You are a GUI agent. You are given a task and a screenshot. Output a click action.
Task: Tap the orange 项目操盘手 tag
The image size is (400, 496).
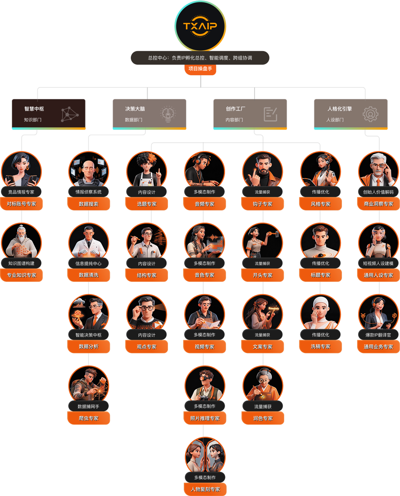tap(200, 69)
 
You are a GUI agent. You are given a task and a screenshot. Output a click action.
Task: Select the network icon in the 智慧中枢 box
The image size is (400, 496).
tap(69, 114)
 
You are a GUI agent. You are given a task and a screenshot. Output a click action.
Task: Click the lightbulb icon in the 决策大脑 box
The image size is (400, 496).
tap(168, 114)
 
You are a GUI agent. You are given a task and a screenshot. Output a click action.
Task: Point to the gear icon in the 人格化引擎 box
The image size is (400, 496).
tap(370, 114)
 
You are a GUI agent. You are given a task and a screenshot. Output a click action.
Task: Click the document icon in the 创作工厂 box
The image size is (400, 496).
tap(270, 114)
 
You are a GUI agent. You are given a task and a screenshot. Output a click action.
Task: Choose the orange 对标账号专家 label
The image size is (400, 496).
tap(21, 204)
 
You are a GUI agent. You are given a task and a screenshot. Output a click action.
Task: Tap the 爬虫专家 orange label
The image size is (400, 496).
tap(89, 418)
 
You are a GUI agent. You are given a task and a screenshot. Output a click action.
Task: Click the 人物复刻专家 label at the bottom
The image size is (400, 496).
tap(205, 490)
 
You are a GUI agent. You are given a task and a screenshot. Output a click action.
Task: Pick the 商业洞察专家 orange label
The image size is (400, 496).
tap(378, 204)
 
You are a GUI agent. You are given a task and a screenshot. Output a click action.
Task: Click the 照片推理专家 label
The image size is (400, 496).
tap(205, 418)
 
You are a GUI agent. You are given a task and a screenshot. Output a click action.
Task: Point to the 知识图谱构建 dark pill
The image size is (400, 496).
tap(21, 263)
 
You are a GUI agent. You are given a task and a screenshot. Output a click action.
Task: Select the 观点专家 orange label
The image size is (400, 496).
tap(146, 347)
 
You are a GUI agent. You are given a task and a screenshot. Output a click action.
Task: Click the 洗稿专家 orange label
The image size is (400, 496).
tap(320, 347)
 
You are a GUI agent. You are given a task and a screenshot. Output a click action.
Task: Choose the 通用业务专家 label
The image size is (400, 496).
tap(378, 347)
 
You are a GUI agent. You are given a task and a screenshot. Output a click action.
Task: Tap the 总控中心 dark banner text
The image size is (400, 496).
tap(200, 58)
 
